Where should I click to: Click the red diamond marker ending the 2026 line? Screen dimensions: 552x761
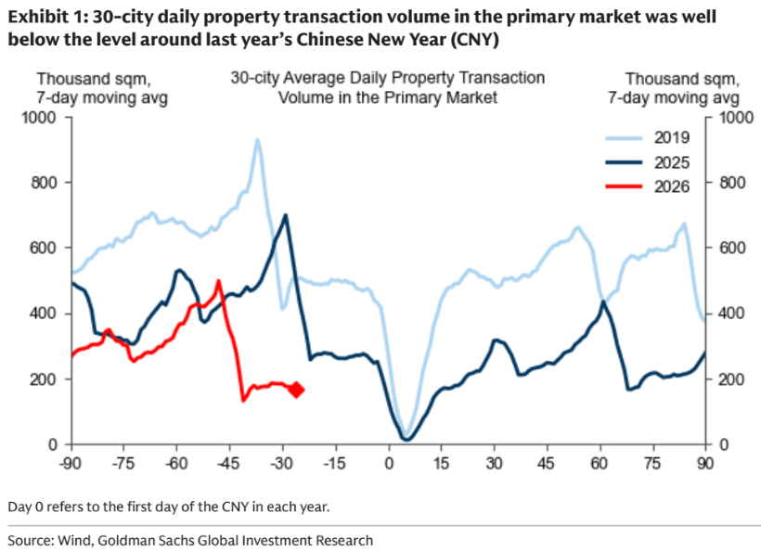[x=297, y=390]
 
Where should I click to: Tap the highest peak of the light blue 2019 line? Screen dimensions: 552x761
[x=257, y=140]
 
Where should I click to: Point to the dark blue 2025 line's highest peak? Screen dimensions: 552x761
[x=285, y=215]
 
